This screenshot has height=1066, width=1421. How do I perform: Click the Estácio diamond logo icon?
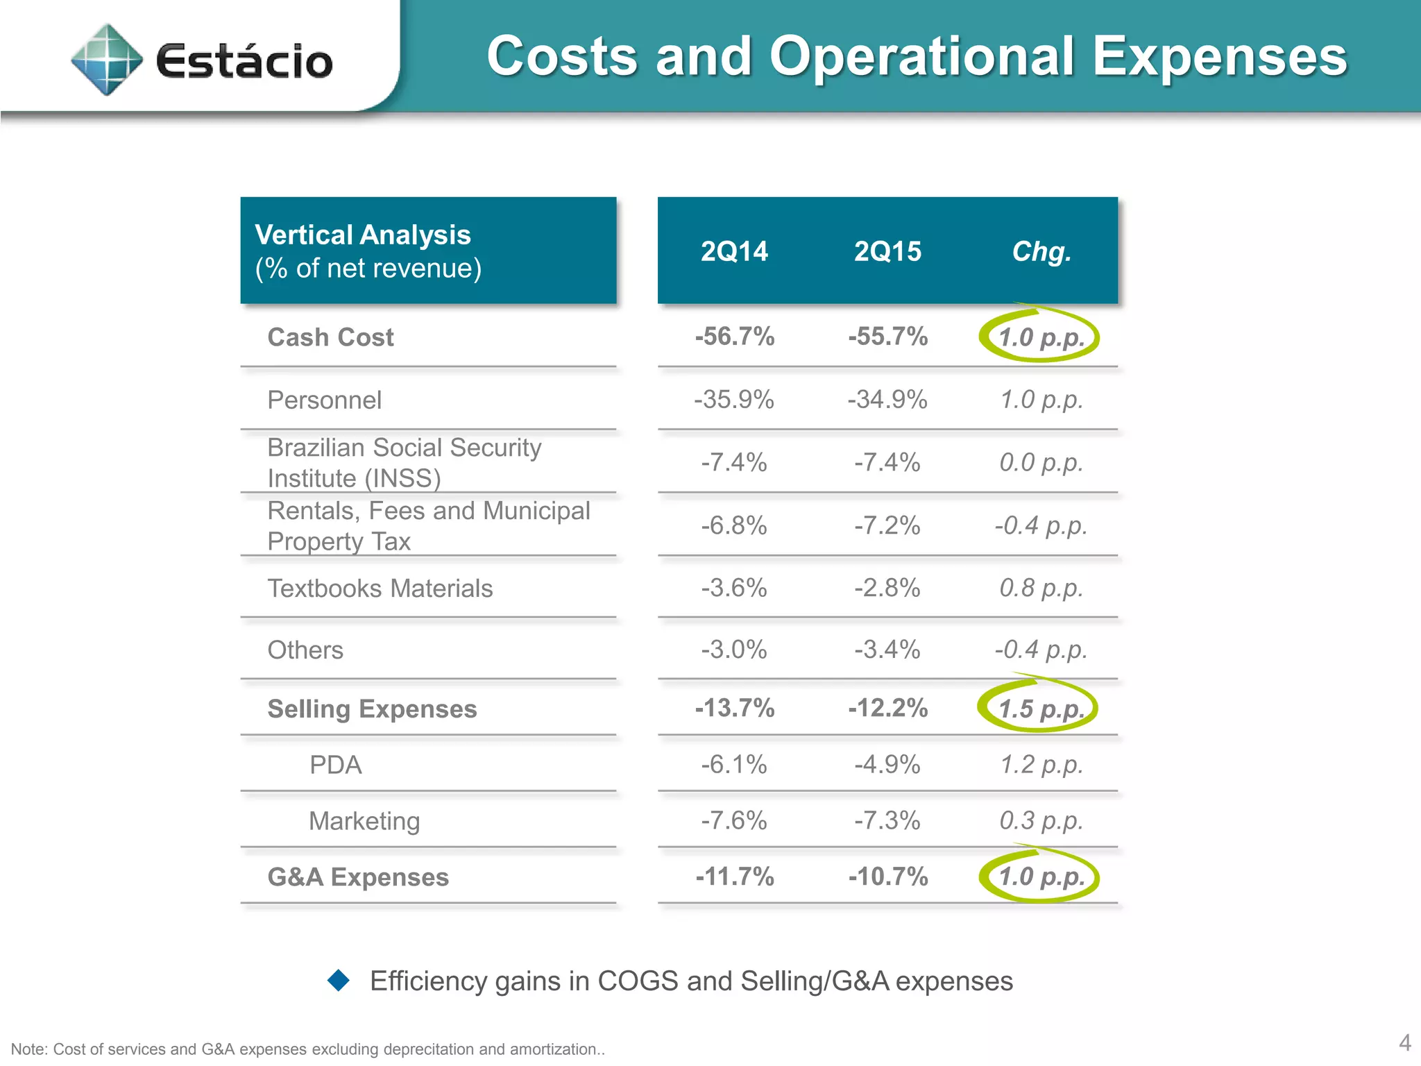click(107, 60)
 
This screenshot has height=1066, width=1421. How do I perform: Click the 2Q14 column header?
click(734, 251)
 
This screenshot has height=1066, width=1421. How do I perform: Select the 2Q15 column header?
click(887, 251)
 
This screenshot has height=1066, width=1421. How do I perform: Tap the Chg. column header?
click(1041, 251)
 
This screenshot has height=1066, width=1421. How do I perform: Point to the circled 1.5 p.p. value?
click(1040, 709)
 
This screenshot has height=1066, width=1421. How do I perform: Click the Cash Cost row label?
click(330, 337)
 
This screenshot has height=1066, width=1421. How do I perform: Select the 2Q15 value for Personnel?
click(887, 400)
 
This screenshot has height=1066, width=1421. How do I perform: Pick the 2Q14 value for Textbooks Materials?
click(734, 588)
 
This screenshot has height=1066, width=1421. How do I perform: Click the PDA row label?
click(335, 765)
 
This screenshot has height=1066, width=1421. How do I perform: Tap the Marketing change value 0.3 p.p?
click(1041, 820)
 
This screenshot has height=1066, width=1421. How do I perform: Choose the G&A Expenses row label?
click(358, 877)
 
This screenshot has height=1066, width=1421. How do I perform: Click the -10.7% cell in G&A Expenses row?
click(887, 877)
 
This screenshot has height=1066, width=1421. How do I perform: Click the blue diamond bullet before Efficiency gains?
click(339, 980)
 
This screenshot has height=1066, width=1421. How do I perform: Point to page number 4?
click(1404, 1042)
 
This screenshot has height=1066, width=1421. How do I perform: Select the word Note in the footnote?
click(28, 1049)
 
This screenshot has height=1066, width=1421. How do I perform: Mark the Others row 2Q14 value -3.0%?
click(734, 650)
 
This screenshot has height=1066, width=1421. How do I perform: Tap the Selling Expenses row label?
click(372, 709)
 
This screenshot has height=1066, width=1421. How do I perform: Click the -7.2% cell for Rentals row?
click(887, 525)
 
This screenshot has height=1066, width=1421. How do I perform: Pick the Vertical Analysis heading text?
click(363, 235)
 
